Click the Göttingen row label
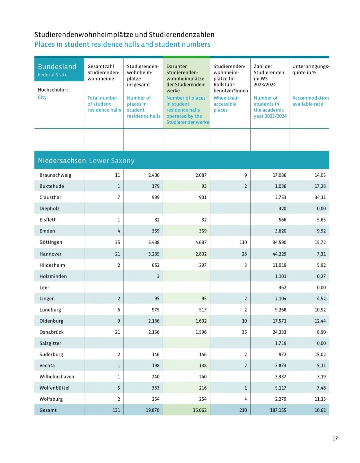click(51, 242)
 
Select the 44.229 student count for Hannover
click(279, 254)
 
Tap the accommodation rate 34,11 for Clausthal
click(320, 197)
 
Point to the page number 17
click(335, 438)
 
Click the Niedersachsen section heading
click(62, 160)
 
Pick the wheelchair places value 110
click(243, 243)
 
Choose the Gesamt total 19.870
click(152, 410)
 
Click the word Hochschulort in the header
click(53, 90)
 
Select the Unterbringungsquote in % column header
click(310, 69)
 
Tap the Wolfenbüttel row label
click(54, 388)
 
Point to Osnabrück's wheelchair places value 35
click(244, 332)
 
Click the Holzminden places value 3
click(158, 277)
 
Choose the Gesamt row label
click(48, 410)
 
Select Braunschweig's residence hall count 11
click(117, 175)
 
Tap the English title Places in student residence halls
click(122, 44)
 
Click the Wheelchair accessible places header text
click(226, 104)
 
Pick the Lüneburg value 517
click(203, 310)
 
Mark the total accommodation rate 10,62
click(320, 410)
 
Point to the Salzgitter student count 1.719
click(280, 343)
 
